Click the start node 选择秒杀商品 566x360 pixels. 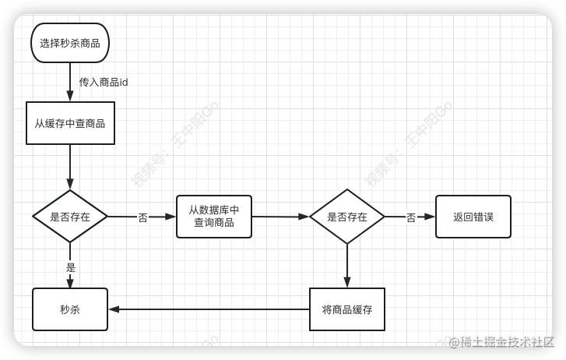pyautogui.click(x=70, y=44)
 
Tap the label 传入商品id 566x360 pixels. pyautogui.click(x=104, y=82)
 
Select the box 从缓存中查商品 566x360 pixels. pyautogui.click(x=70, y=123)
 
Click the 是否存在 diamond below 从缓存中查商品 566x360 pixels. pyautogui.click(x=70, y=217)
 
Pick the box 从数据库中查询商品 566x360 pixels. pyautogui.click(x=214, y=217)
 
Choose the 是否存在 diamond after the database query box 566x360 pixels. pyautogui.click(x=347, y=217)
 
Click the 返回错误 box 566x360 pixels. pyautogui.click(x=473, y=217)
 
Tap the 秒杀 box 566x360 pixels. pyautogui.click(x=70, y=309)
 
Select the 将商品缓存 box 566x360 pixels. pyautogui.click(x=347, y=309)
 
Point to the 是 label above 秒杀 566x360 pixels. pyautogui.click(x=71, y=267)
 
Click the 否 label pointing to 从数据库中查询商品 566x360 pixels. pyautogui.click(x=142, y=217)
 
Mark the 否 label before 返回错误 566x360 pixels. pyautogui.click(x=410, y=217)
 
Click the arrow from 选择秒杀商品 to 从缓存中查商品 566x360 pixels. pyautogui.click(x=70, y=82)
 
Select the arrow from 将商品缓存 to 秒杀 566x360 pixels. pyautogui.click(x=210, y=309)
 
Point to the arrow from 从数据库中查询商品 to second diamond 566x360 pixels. pyautogui.click(x=280, y=217)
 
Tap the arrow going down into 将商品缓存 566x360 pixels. pyautogui.click(x=347, y=265)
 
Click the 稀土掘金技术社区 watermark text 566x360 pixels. pyautogui.click(x=506, y=341)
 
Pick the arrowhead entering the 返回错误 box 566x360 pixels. pyautogui.click(x=430, y=217)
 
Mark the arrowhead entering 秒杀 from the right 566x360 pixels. pyautogui.click(x=114, y=309)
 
